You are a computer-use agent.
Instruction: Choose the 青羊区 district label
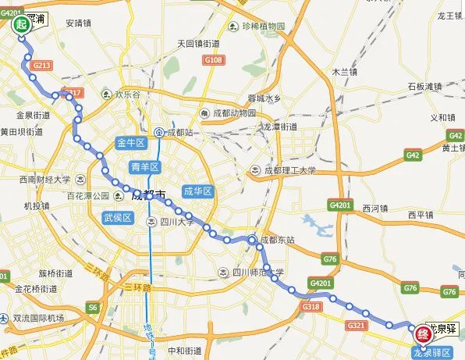tap(144, 166)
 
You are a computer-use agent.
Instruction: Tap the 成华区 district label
tap(198, 191)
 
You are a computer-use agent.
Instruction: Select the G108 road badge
tap(213, 59)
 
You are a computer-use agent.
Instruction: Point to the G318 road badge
tap(311, 307)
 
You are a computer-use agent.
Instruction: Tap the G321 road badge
tap(357, 324)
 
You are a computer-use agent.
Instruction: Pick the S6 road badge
tap(93, 308)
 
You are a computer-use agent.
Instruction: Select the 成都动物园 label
tap(232, 112)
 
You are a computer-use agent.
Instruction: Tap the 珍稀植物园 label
tap(259, 27)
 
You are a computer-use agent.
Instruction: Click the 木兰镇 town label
tap(344, 71)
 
